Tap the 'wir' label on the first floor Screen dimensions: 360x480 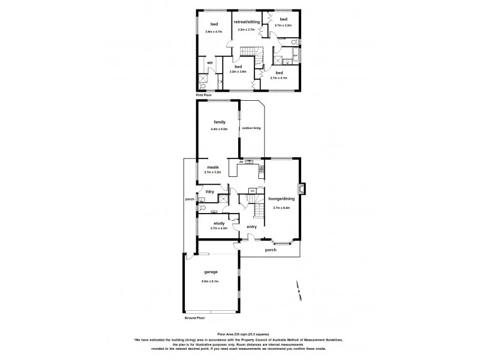(210, 62)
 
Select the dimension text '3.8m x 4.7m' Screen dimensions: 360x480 (214, 31)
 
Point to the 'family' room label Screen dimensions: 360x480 (220, 122)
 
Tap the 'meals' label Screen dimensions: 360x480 (212, 167)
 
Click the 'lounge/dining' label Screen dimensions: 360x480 (281, 199)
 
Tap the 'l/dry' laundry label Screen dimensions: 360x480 (210, 191)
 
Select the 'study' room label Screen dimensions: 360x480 (219, 223)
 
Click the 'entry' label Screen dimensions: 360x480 (252, 226)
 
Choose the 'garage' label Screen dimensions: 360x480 (210, 272)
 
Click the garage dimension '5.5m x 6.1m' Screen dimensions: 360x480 (210, 281)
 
